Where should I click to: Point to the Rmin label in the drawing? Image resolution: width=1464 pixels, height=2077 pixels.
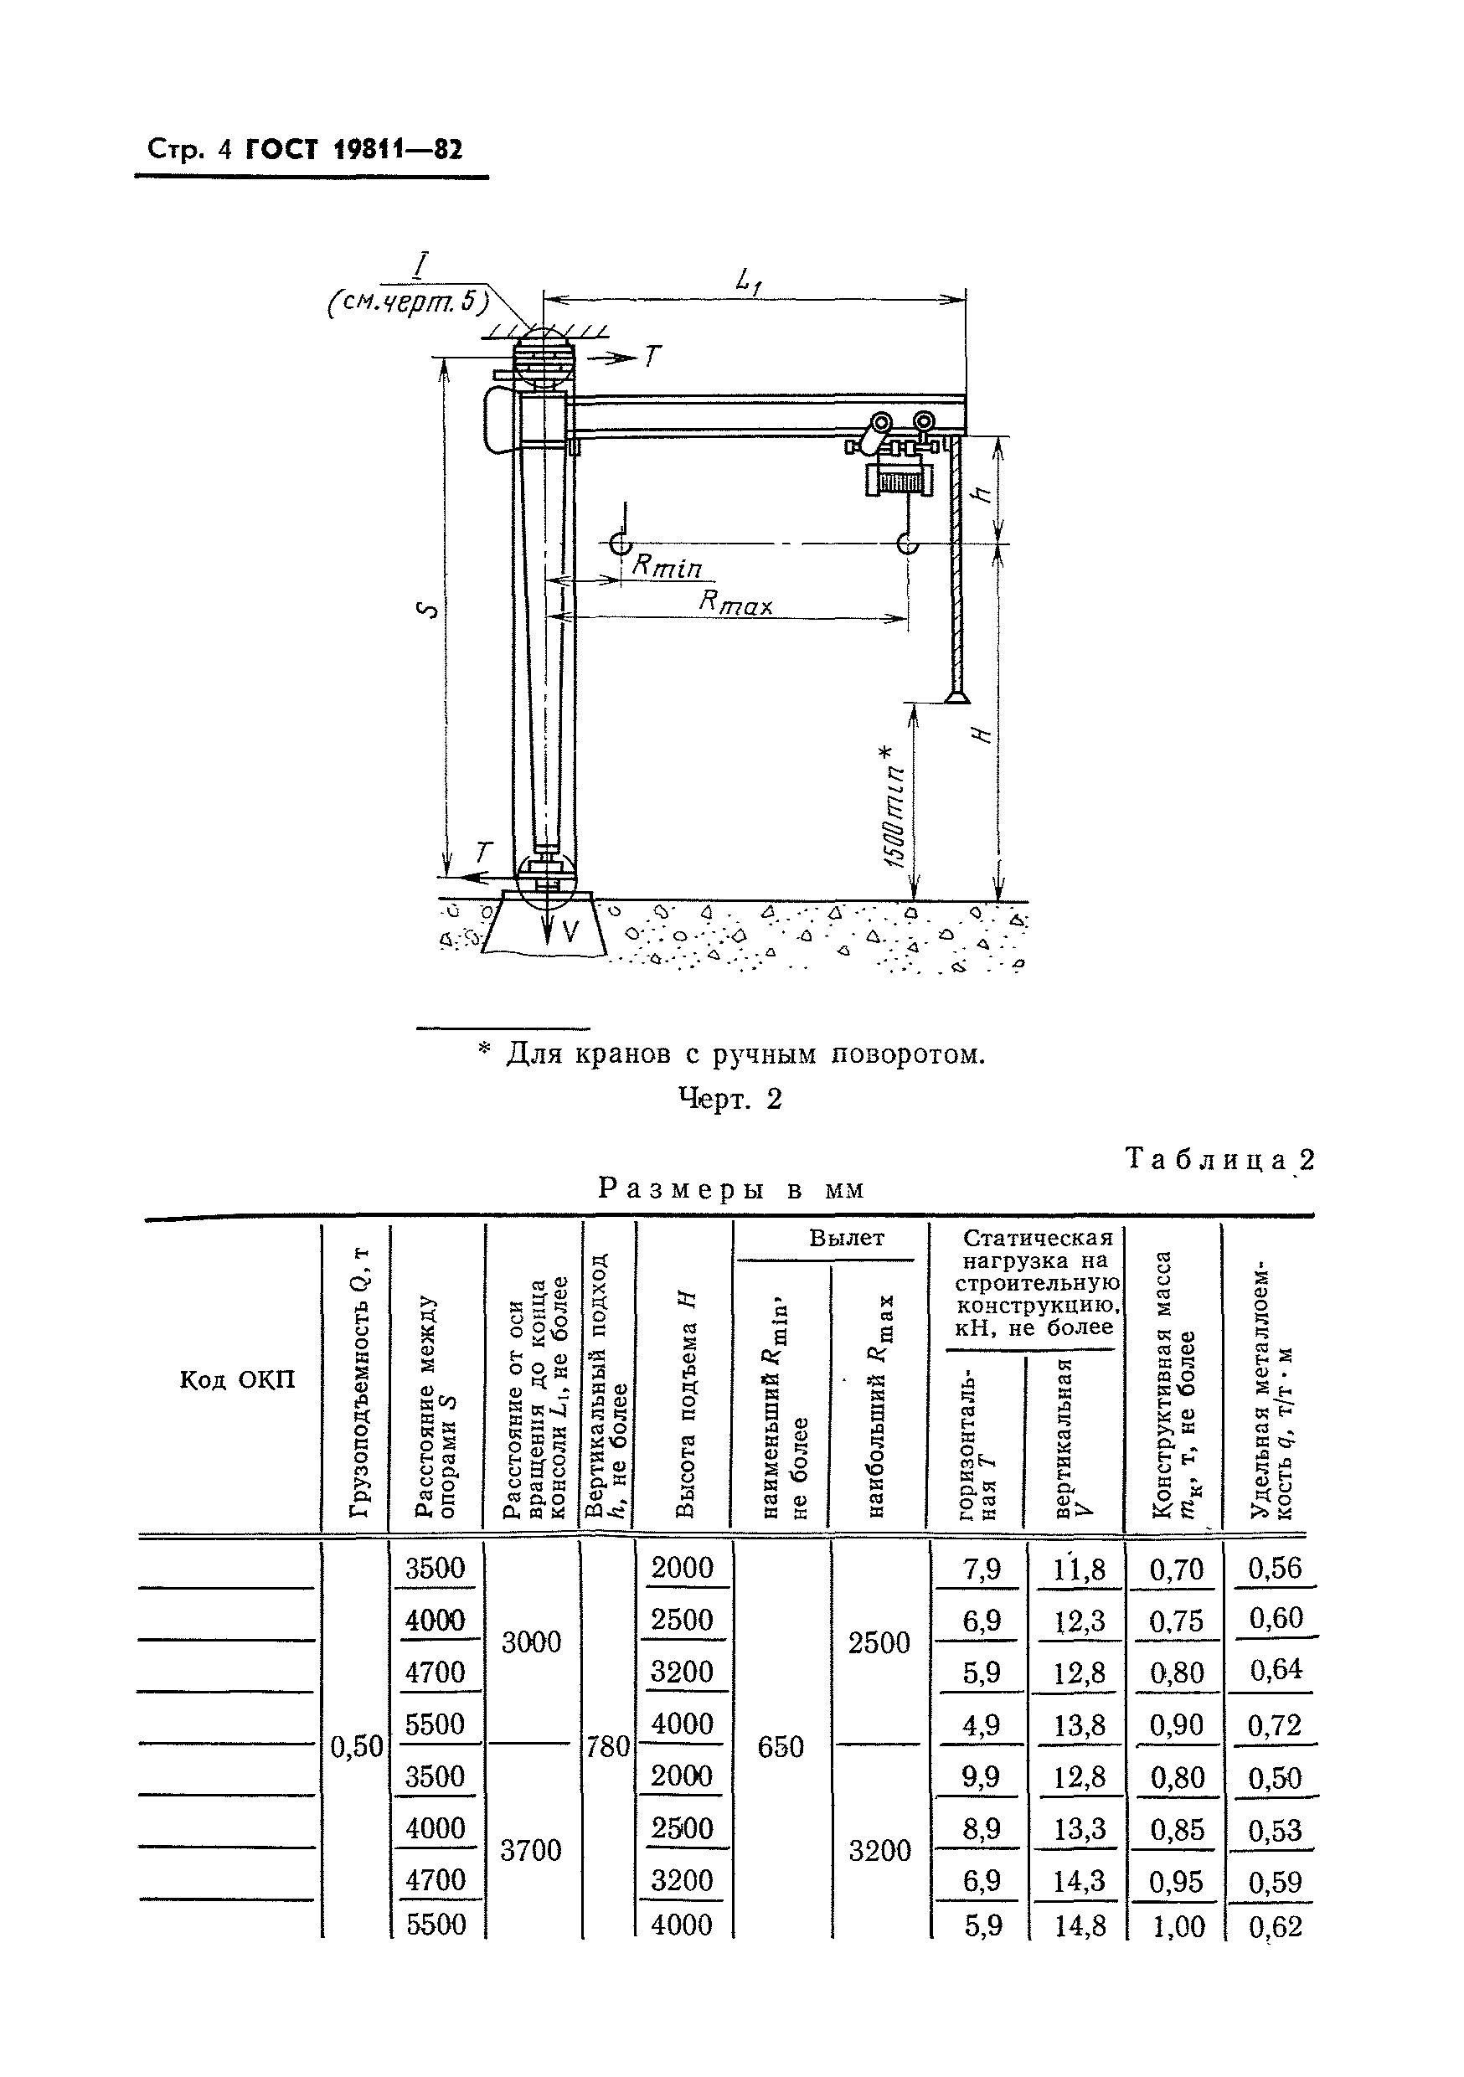point(667,566)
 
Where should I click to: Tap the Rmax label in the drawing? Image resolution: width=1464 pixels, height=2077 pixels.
point(735,601)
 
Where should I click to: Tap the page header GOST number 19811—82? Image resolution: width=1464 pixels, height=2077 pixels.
point(353,149)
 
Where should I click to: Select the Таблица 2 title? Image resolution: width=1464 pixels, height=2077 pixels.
point(1219,1159)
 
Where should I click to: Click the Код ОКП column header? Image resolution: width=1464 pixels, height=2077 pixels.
point(237,1379)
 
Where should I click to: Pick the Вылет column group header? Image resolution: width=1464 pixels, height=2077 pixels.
point(846,1238)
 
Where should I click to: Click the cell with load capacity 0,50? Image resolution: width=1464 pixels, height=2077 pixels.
point(357,1747)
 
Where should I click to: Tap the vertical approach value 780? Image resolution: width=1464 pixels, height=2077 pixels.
point(607,1747)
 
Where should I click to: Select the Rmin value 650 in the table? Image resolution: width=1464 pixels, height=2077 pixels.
point(780,1747)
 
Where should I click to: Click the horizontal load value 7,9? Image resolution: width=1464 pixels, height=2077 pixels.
point(981,1569)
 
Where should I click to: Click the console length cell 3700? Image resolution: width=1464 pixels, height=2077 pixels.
point(531,1850)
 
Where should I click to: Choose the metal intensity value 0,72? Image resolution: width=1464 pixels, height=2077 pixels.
point(1273,1725)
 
